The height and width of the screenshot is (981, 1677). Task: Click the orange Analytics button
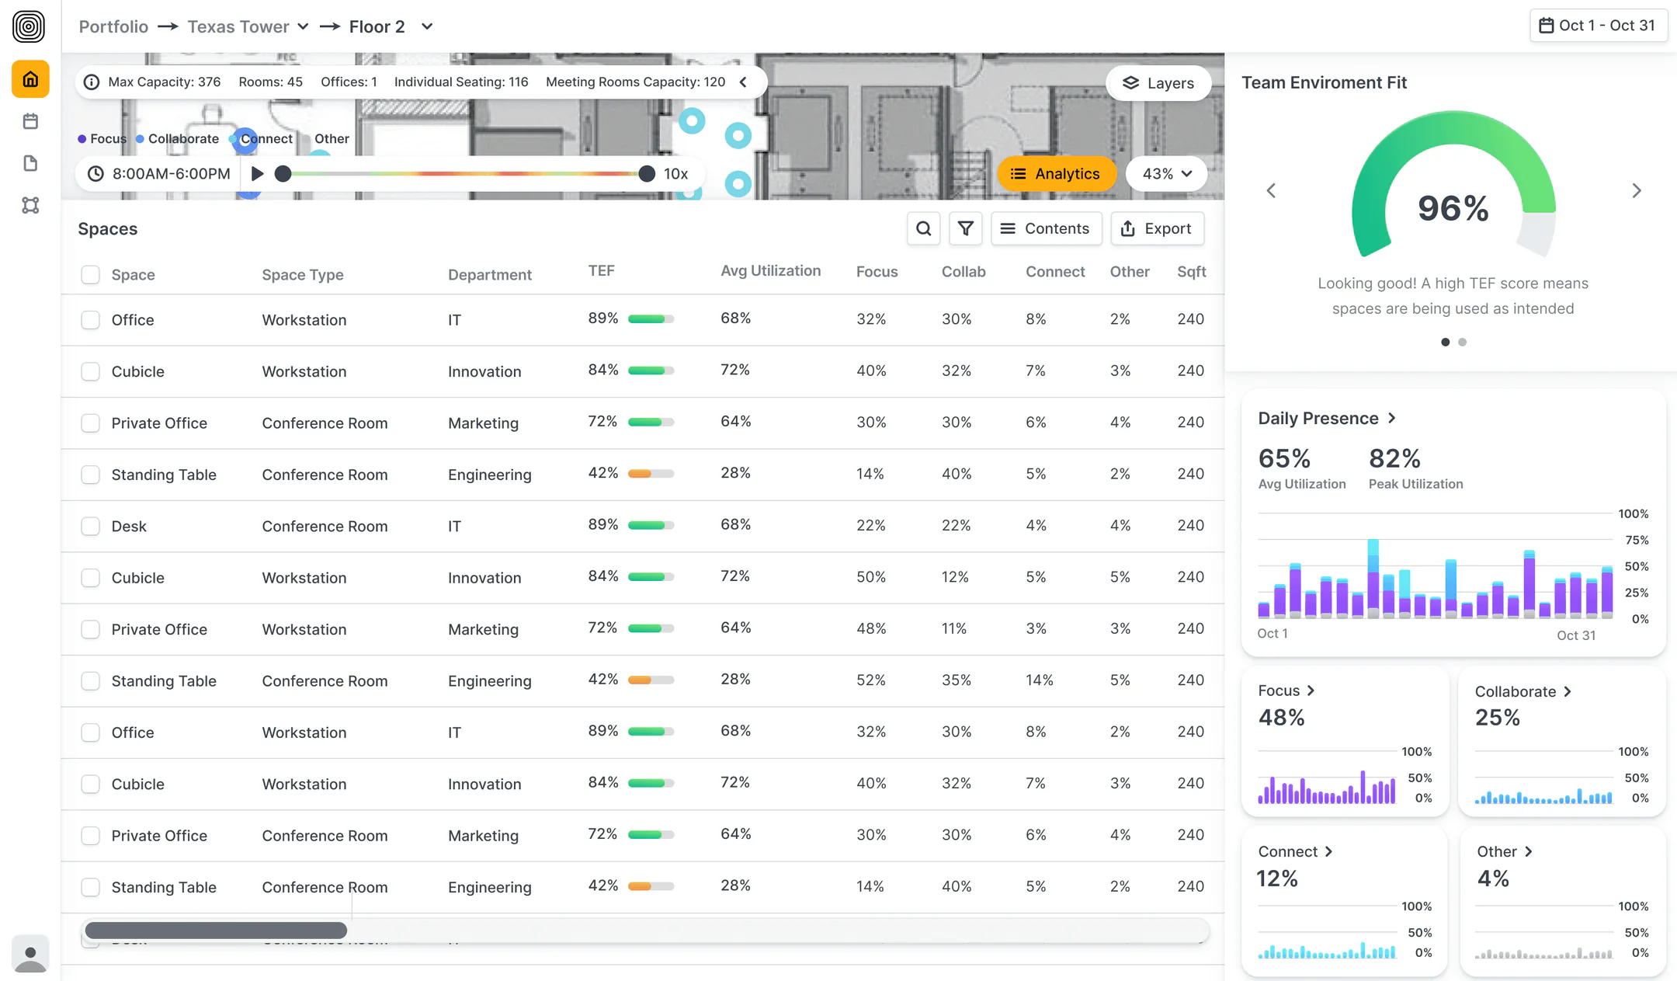pyautogui.click(x=1056, y=174)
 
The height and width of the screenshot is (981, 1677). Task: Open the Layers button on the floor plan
pyautogui.click(x=1158, y=83)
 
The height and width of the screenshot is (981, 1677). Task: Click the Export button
pyautogui.click(x=1157, y=228)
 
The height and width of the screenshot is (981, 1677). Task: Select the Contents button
pyautogui.click(x=1046, y=228)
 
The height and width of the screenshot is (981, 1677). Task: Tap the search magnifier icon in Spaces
pyautogui.click(x=923, y=228)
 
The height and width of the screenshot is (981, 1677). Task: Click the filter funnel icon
pyautogui.click(x=965, y=228)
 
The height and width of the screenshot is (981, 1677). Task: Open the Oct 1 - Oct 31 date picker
pyautogui.click(x=1598, y=26)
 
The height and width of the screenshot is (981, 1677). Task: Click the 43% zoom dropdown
pyautogui.click(x=1166, y=174)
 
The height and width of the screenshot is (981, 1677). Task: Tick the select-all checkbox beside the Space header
pyautogui.click(x=91, y=274)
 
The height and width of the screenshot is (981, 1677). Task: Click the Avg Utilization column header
pyautogui.click(x=770, y=271)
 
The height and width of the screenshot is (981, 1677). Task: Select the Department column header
pyautogui.click(x=490, y=274)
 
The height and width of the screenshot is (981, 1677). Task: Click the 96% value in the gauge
pyautogui.click(x=1453, y=208)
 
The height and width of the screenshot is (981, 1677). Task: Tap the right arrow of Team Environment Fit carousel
pyautogui.click(x=1637, y=190)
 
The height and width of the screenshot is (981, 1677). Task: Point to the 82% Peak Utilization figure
pyautogui.click(x=1394, y=458)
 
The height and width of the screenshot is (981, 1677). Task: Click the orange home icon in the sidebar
pyautogui.click(x=30, y=79)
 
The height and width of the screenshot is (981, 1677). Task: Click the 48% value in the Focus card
pyautogui.click(x=1281, y=718)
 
